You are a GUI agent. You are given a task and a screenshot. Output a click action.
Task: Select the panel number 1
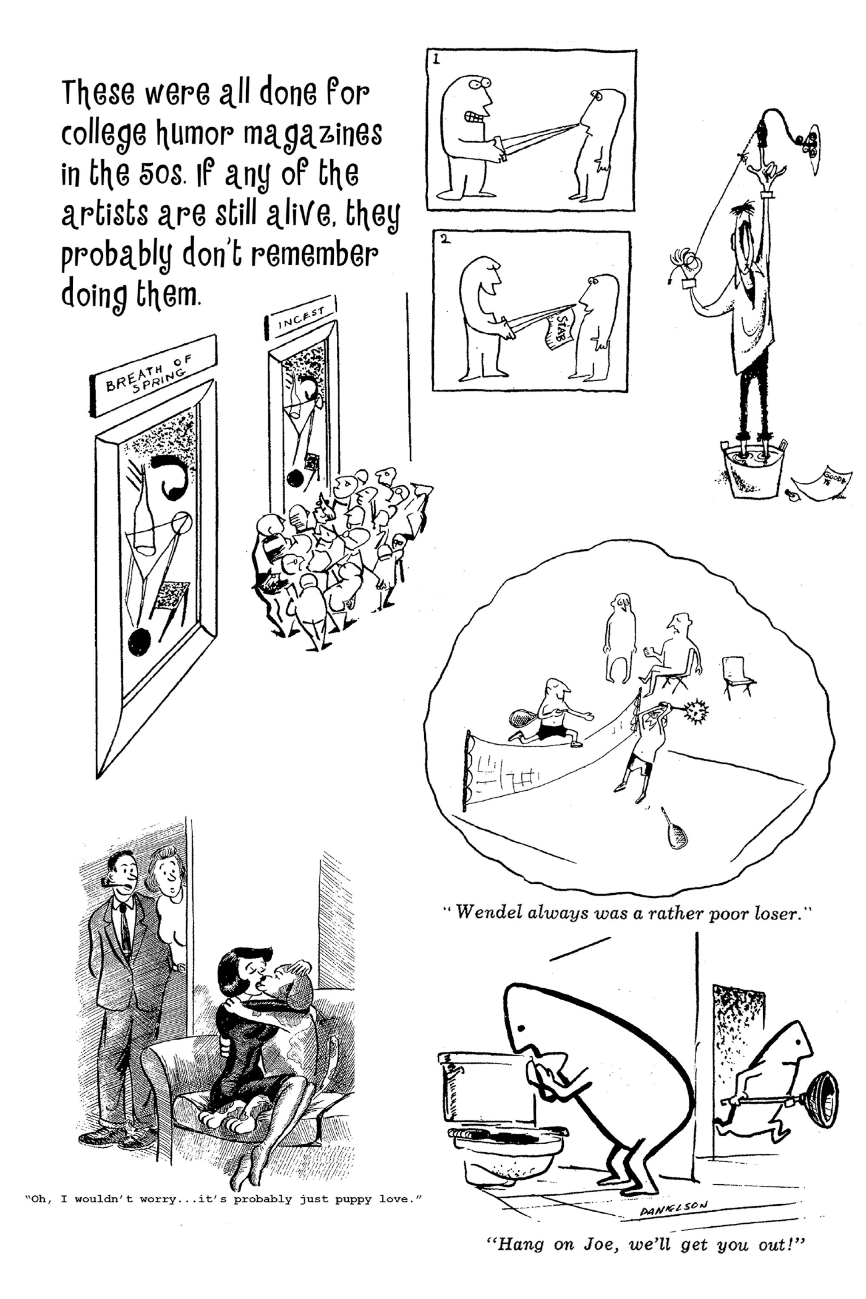[436, 60]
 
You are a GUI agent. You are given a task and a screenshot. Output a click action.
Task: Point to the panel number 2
[443, 240]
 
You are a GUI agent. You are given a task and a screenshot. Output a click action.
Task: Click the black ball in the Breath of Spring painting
[139, 643]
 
